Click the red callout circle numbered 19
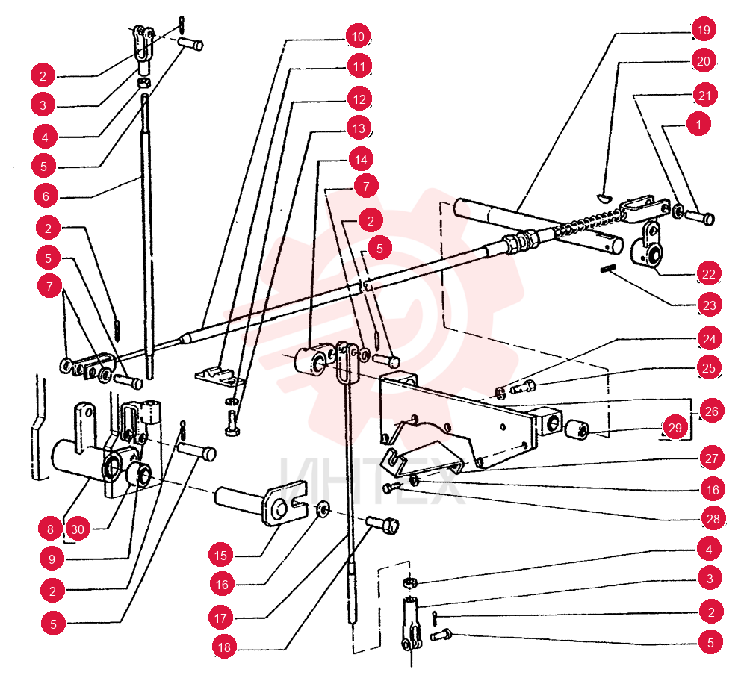[x=703, y=30]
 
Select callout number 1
[x=698, y=124]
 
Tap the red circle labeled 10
[x=358, y=37]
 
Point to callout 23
[x=709, y=305]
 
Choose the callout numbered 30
[x=77, y=529]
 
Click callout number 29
[x=675, y=428]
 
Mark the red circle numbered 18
[x=224, y=647]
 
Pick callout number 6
[x=46, y=196]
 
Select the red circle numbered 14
[x=361, y=160]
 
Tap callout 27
[x=711, y=458]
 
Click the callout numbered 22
[x=708, y=274]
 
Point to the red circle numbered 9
[x=52, y=559]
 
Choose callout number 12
[x=359, y=99]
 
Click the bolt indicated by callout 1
[x=699, y=217]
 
